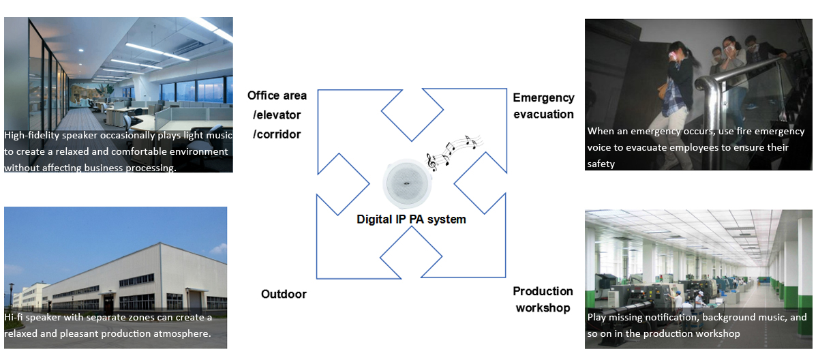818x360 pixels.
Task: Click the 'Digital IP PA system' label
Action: [411, 220]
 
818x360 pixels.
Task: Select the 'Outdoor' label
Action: [284, 295]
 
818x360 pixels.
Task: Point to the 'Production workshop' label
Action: [543, 299]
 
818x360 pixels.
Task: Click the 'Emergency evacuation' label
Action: [543, 106]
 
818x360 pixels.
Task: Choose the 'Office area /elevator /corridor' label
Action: [277, 115]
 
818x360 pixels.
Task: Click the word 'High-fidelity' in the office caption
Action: [32, 135]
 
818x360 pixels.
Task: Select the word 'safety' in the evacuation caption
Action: [601, 164]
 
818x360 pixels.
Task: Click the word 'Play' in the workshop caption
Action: [597, 317]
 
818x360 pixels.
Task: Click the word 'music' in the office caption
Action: [217, 135]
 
